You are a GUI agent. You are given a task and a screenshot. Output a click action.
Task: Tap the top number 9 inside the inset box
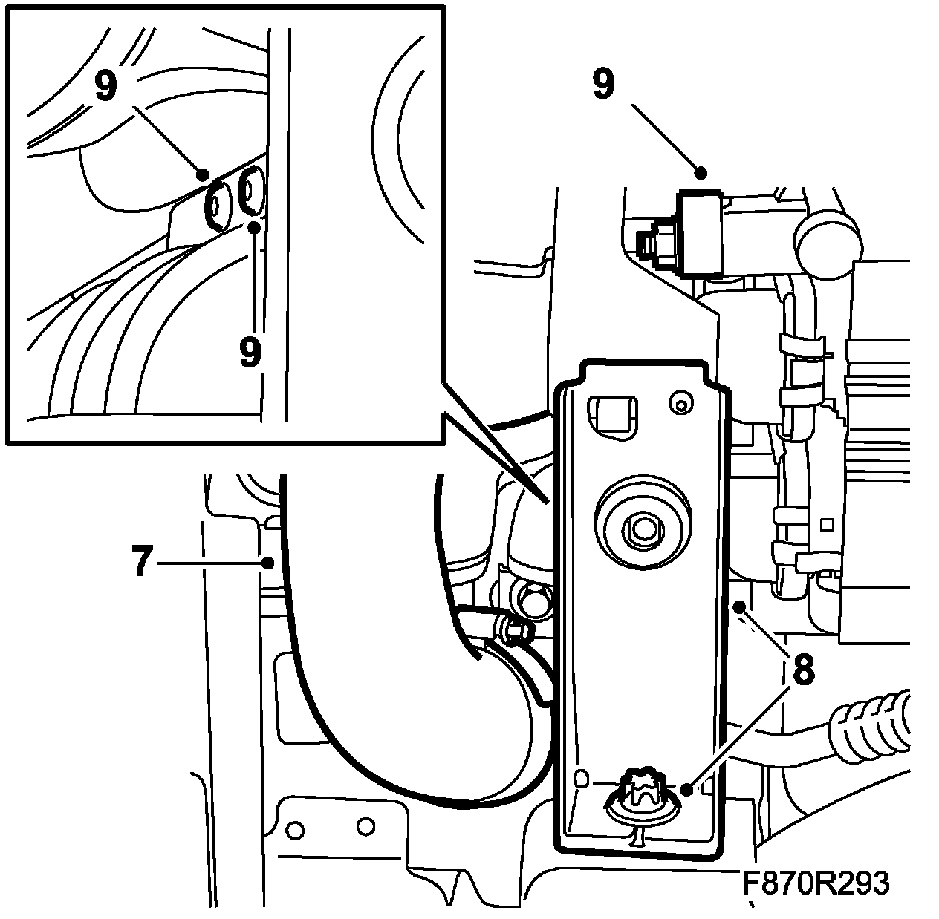click(x=105, y=86)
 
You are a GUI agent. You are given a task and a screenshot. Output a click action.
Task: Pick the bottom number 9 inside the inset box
click(x=250, y=351)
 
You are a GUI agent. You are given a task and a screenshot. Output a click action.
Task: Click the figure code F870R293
click(x=815, y=883)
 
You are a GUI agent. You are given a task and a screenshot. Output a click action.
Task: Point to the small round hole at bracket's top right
click(x=678, y=403)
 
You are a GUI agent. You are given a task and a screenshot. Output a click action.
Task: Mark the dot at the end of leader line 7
click(x=267, y=563)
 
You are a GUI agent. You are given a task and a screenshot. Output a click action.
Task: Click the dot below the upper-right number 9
click(x=701, y=174)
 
